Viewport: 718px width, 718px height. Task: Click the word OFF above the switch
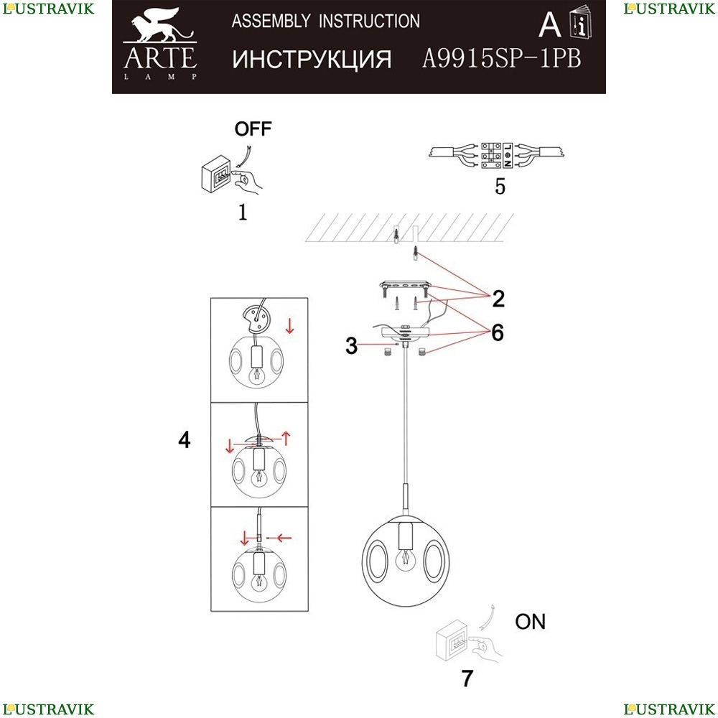coord(254,129)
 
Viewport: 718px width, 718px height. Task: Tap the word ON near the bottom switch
coord(531,622)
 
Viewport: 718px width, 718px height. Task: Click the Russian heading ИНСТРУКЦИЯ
coord(312,60)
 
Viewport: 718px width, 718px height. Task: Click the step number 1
coord(243,213)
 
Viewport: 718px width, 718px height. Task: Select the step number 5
coord(500,187)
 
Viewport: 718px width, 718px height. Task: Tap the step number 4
coord(185,439)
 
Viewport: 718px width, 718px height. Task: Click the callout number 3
coord(350,346)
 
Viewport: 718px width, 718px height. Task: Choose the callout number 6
coord(498,332)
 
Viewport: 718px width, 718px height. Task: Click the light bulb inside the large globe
coord(407,557)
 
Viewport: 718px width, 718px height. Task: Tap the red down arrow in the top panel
coord(289,327)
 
